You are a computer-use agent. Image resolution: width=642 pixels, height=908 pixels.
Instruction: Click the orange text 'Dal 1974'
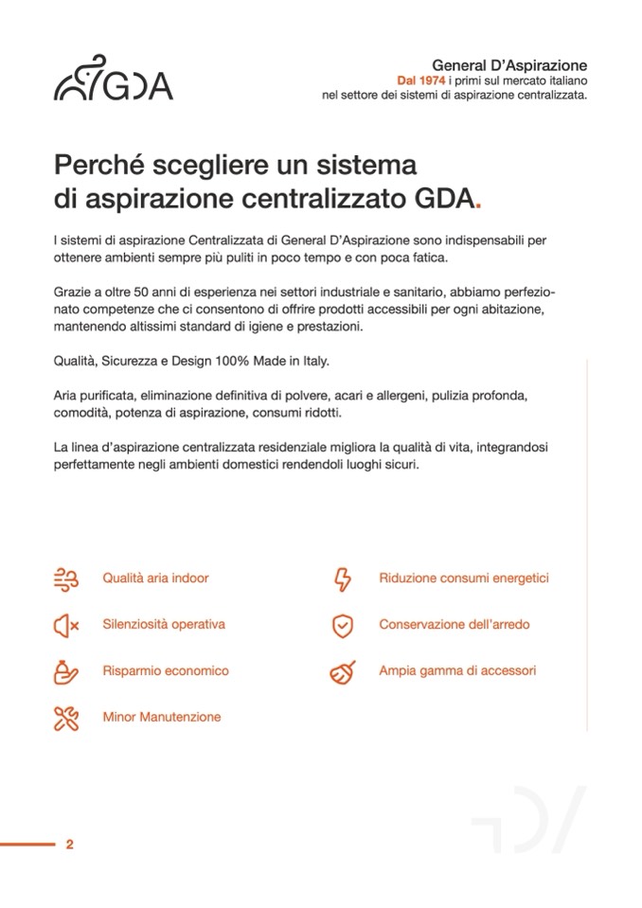(419, 80)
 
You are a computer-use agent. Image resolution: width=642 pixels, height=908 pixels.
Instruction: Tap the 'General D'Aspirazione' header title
(509, 65)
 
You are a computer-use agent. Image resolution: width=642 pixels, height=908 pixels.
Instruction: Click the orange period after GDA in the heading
(479, 201)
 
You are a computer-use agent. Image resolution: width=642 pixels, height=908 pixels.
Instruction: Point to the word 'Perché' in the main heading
(98, 165)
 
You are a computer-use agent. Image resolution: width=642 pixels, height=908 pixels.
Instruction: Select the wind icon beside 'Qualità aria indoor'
(66, 579)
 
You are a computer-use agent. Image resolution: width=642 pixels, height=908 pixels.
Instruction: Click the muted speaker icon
(66, 625)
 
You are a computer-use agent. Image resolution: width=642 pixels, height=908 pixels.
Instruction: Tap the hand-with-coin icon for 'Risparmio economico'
(66, 671)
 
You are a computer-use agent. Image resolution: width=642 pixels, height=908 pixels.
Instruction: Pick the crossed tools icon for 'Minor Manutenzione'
(66, 718)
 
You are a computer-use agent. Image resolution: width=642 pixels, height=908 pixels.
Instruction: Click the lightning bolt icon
(342, 579)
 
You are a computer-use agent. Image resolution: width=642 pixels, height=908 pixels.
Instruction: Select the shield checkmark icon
(342, 625)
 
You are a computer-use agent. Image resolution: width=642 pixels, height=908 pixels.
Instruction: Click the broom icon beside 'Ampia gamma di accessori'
(342, 671)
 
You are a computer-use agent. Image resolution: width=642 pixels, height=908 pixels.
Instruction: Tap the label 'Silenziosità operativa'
(164, 624)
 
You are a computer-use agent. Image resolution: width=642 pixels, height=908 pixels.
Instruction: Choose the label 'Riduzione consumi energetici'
(464, 578)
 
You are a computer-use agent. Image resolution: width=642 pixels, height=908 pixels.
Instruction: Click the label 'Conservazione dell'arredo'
(455, 624)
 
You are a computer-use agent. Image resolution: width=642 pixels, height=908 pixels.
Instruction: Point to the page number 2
(69, 845)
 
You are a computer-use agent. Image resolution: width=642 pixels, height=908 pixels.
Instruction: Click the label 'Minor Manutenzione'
(162, 717)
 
